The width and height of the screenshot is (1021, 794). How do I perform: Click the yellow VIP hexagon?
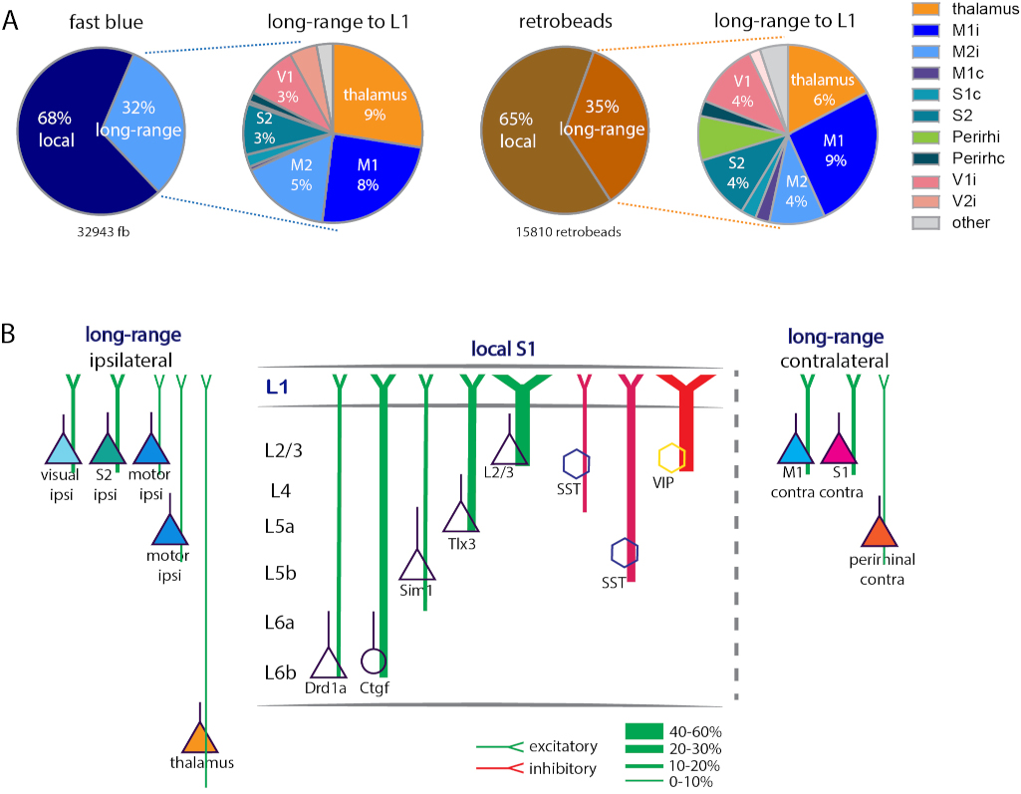pos(672,457)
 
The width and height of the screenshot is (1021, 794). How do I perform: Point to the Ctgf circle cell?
pos(373,661)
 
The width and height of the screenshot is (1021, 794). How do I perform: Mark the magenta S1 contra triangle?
pos(839,448)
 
